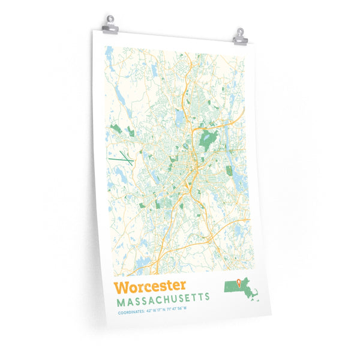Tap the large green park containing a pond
[x=208, y=139]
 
